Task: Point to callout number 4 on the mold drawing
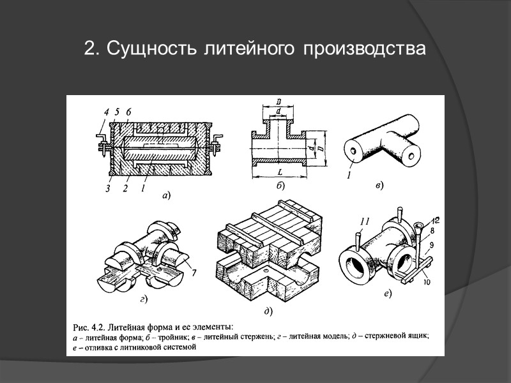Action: click(105, 111)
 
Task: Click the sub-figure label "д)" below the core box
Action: click(268, 312)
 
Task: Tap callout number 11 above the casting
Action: click(365, 222)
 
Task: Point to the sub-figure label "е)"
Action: click(387, 294)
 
